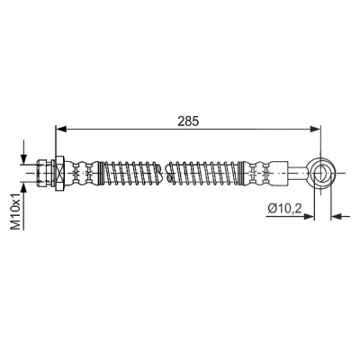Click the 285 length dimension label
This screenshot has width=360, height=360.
coord(188,121)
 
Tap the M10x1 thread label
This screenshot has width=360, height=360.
coord(15,211)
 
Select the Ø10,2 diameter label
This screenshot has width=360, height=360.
coord(285,208)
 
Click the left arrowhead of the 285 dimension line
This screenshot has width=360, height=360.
coord(61,129)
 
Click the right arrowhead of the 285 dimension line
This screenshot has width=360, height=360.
coord(315,129)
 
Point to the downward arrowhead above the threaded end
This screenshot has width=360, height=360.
coord(23,158)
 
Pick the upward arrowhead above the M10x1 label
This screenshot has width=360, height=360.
coord(23,187)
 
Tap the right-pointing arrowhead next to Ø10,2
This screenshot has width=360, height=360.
coord(309,216)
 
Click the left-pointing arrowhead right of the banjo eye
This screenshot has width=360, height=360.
coord(336,216)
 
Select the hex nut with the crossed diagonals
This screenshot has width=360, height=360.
coord(59,173)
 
